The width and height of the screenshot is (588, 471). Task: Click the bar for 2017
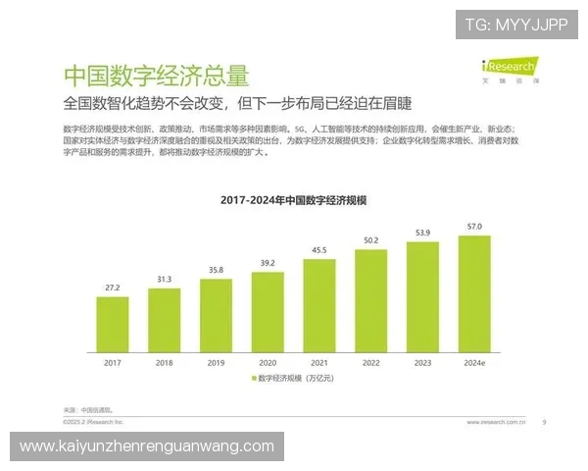point(113,323)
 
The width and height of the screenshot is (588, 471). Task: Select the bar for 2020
point(268,311)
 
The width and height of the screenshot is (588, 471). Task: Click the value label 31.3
point(165,279)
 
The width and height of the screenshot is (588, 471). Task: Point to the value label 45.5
point(319,250)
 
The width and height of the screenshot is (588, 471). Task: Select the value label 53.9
point(422,233)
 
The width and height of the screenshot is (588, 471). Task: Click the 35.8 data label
point(216,270)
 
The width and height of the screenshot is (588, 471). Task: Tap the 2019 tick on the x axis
point(216,361)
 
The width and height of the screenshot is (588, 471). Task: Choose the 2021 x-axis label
point(319,361)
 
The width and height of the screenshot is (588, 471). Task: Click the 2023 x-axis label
point(422,361)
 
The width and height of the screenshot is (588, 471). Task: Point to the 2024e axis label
point(474,361)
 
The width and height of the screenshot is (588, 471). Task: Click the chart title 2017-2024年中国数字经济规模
point(294,200)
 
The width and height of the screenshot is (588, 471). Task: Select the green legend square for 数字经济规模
point(254,378)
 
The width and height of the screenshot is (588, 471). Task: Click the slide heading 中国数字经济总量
point(156,76)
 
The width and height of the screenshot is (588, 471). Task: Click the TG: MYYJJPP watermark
point(515,25)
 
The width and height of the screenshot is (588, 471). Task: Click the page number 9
point(544,423)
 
